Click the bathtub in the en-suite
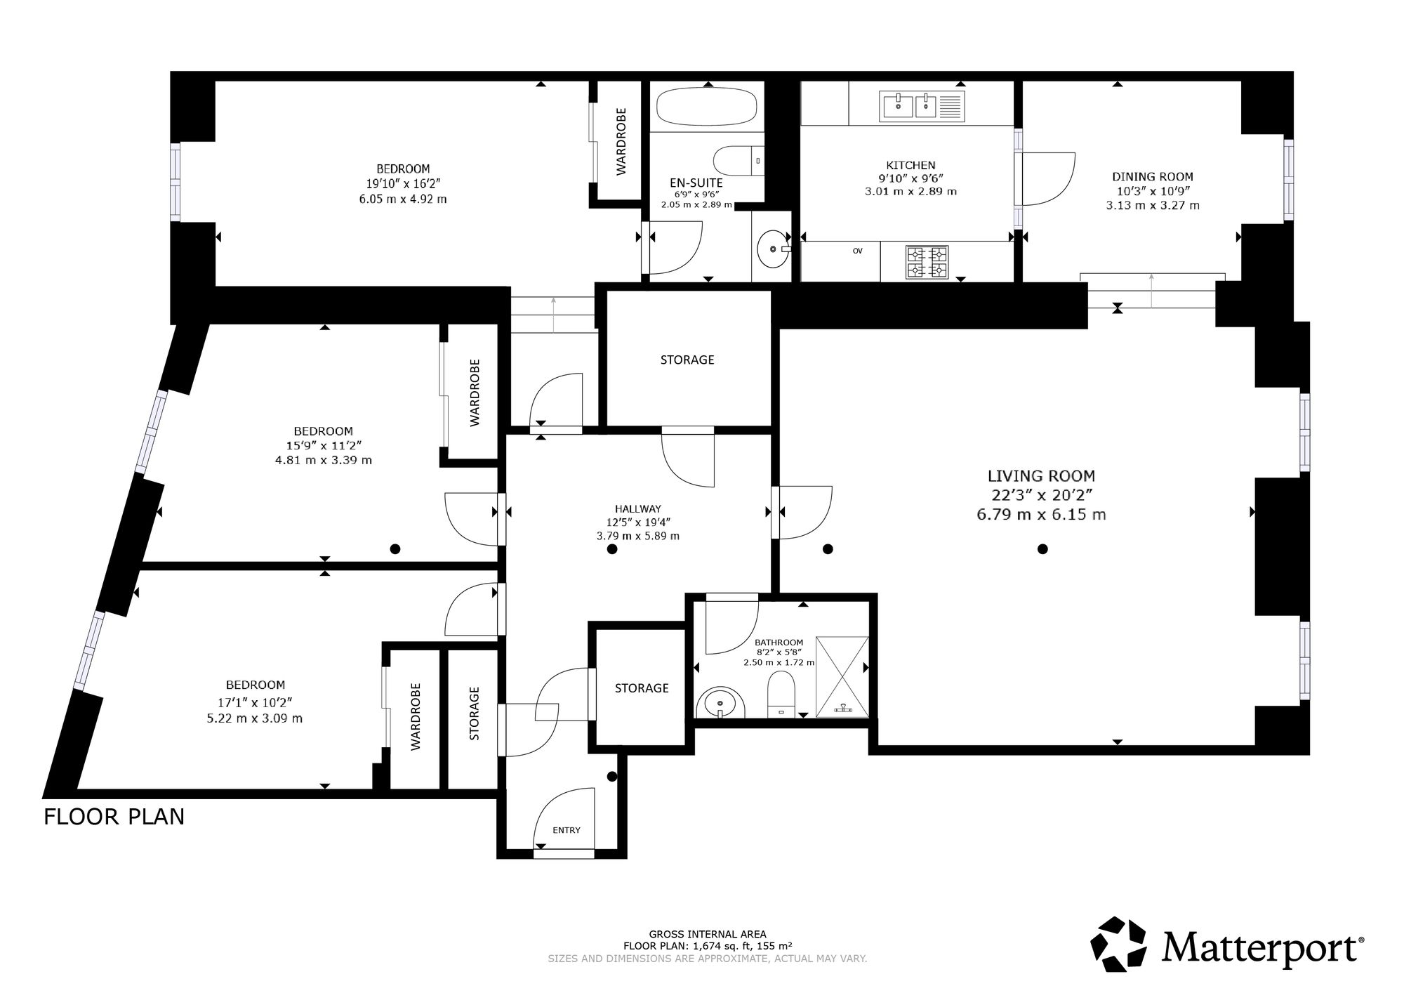(707, 107)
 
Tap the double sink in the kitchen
(921, 107)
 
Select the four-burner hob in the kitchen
(927, 262)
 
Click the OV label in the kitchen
(857, 251)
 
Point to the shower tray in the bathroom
(842, 677)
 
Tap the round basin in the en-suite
(774, 249)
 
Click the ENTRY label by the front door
(567, 830)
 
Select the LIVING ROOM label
(1041, 476)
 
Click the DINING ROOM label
(1153, 177)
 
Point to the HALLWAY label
(638, 509)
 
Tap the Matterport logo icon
(1120, 945)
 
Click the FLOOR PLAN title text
(114, 817)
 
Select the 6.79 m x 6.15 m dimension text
(1041, 514)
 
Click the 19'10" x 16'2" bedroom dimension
(403, 184)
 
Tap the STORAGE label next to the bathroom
(642, 688)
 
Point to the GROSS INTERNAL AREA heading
(708, 934)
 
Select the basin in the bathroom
(721, 702)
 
